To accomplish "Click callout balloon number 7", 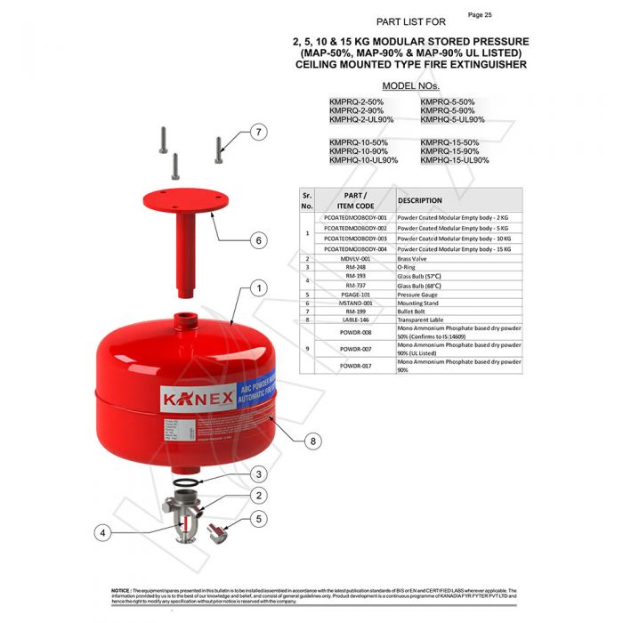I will [258, 133].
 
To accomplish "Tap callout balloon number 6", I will [258, 240].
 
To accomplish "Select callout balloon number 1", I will [258, 288].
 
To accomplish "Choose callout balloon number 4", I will [105, 533].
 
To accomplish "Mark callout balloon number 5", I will [258, 518].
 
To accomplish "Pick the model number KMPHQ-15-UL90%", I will [454, 160].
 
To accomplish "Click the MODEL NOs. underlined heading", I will [411, 85].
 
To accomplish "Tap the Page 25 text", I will [481, 15].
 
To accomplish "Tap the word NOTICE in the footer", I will [121, 590].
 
